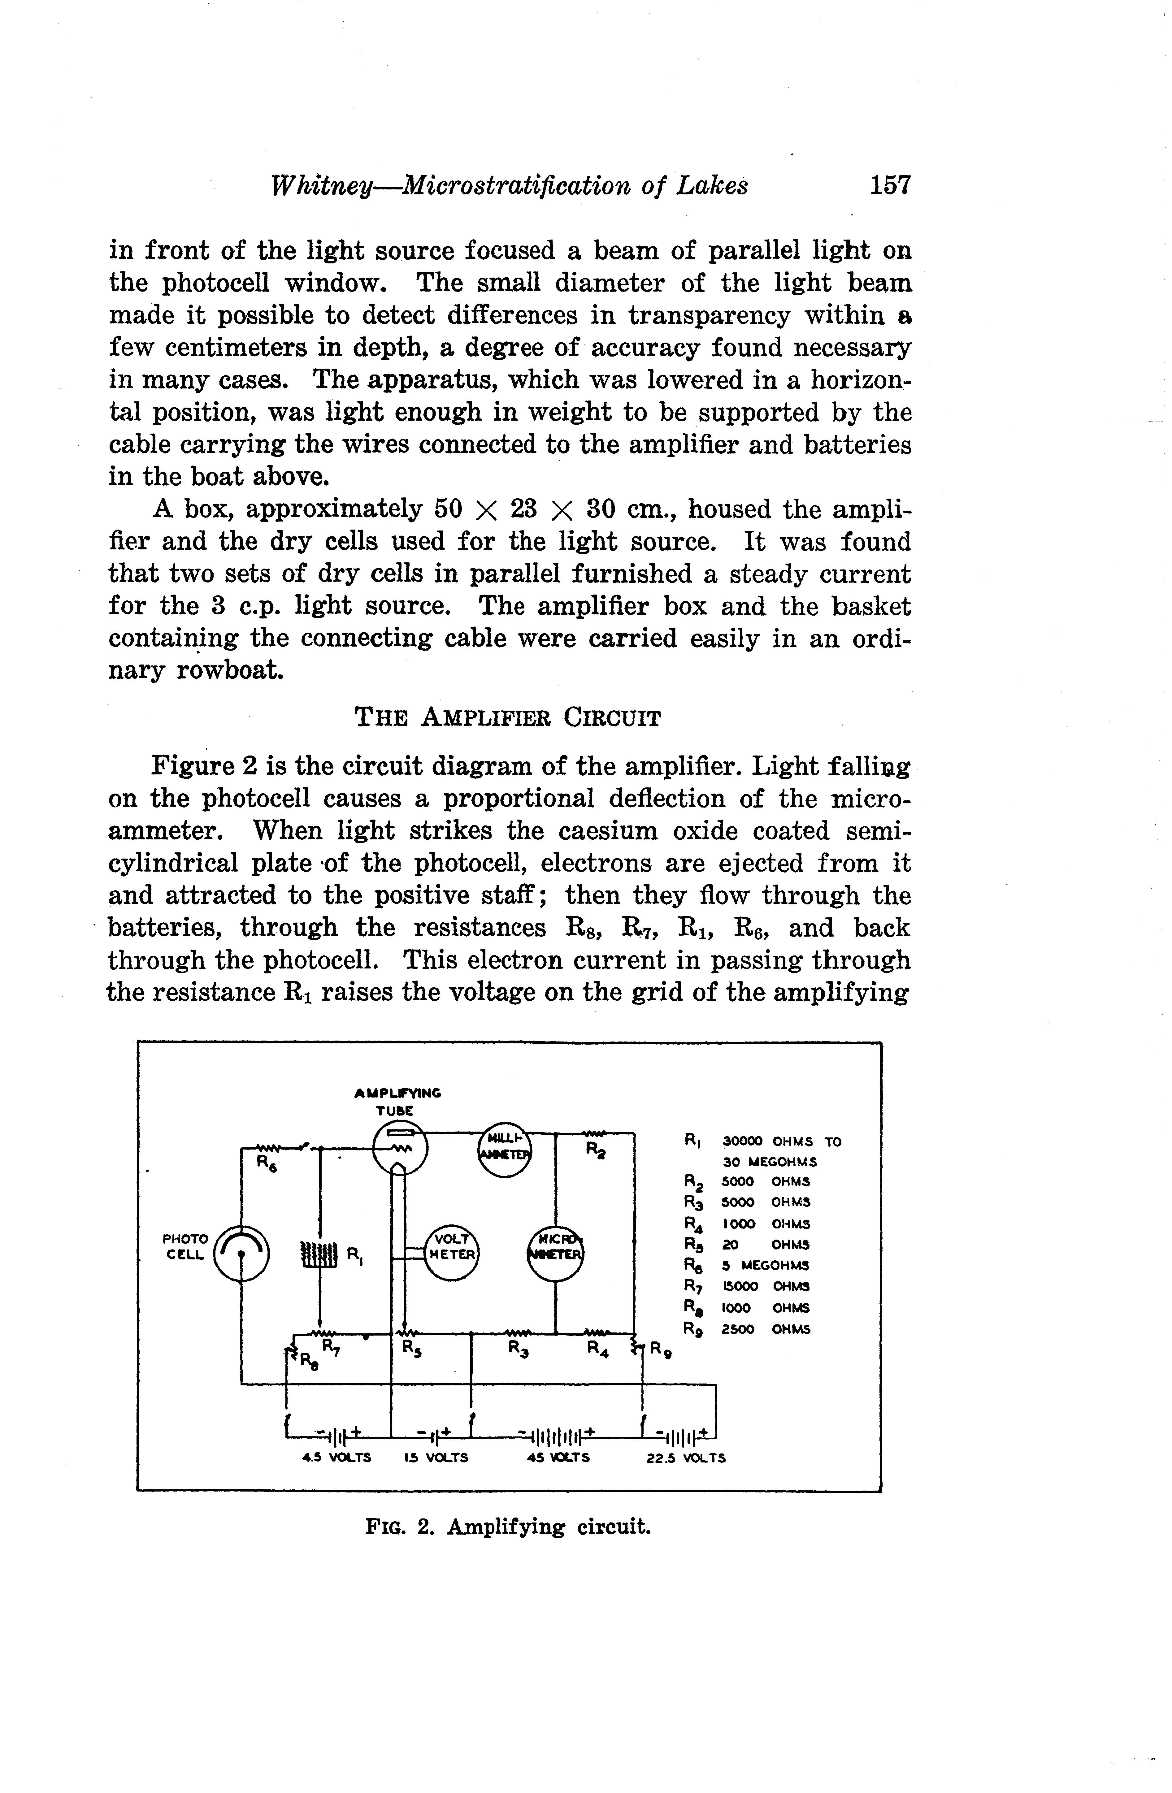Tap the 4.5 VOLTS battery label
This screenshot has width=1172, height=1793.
[336, 1458]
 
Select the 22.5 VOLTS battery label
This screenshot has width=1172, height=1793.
[686, 1458]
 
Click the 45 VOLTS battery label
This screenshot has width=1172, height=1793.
[558, 1458]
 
